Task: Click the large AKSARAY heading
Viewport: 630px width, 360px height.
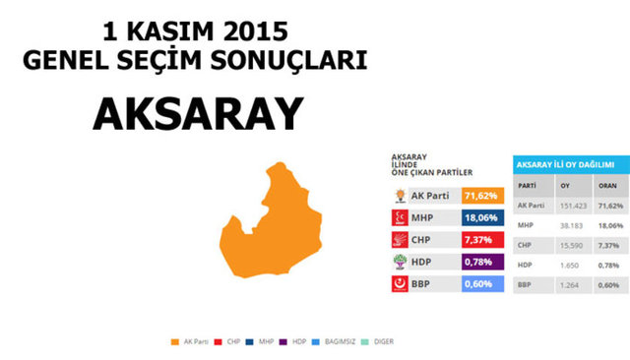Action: click(196, 114)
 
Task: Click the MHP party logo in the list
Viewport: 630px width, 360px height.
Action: click(400, 217)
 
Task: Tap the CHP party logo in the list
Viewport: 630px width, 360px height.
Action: click(400, 240)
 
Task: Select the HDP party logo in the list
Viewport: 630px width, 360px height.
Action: click(400, 262)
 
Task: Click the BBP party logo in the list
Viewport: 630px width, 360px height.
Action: click(400, 284)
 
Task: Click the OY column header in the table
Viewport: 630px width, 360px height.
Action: click(564, 185)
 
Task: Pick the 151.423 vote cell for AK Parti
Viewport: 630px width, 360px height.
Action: click(571, 206)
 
